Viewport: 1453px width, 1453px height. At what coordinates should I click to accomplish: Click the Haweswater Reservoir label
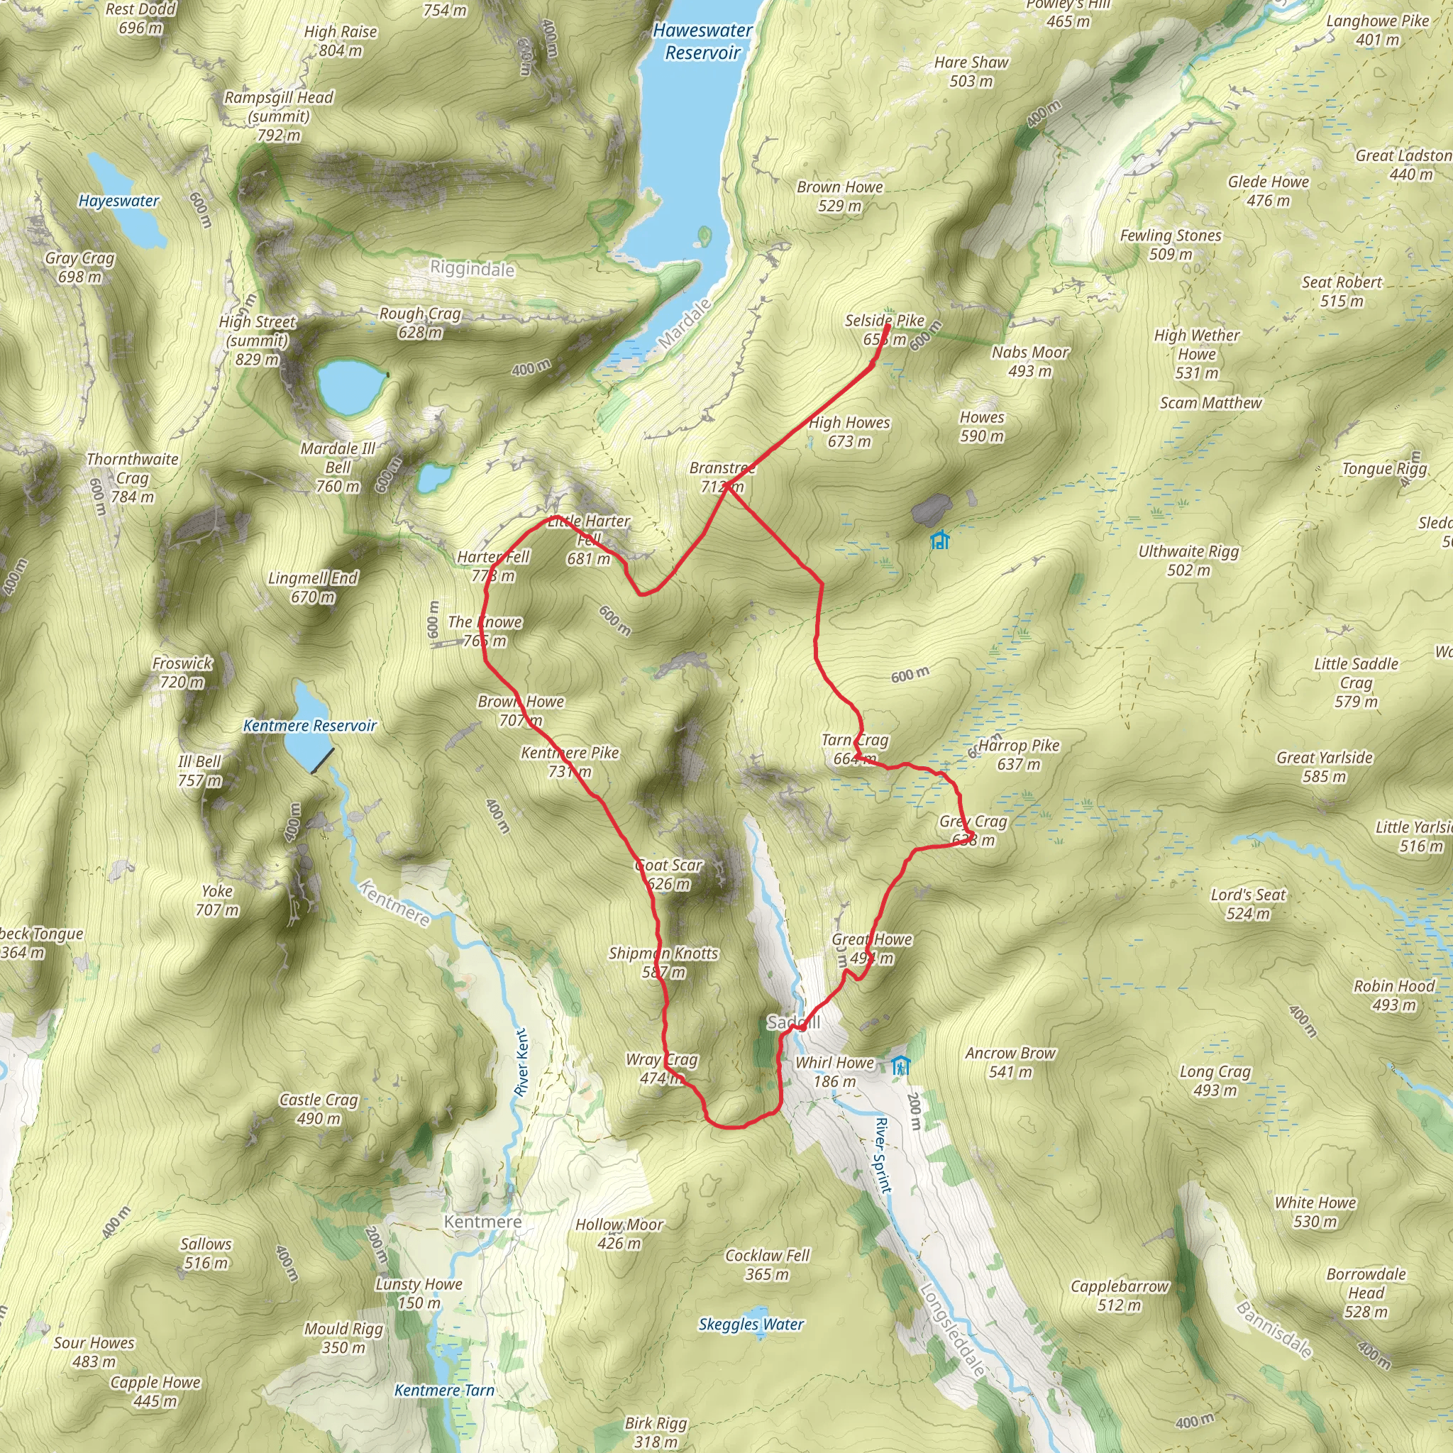pyautogui.click(x=702, y=41)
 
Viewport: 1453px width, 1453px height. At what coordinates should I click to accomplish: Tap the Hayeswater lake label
pyautogui.click(x=118, y=201)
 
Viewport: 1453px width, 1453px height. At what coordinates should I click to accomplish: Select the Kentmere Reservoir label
pyautogui.click(x=309, y=726)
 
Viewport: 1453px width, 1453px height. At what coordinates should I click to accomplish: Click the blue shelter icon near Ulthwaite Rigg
pyautogui.click(x=939, y=540)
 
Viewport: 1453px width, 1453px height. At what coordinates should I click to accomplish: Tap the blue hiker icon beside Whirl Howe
pyautogui.click(x=901, y=1066)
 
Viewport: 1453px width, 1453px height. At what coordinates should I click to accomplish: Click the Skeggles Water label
pyautogui.click(x=751, y=1325)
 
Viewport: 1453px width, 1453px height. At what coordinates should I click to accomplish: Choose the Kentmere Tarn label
pyautogui.click(x=444, y=1391)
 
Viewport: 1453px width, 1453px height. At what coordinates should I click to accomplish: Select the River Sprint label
pyautogui.click(x=884, y=1154)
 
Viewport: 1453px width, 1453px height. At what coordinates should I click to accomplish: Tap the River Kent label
pyautogui.click(x=522, y=1062)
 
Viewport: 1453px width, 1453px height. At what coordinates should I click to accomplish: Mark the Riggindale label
pyautogui.click(x=473, y=268)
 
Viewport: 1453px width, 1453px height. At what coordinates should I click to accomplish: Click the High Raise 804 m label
pyautogui.click(x=341, y=41)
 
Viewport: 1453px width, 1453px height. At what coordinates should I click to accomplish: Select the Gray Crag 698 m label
pyautogui.click(x=79, y=267)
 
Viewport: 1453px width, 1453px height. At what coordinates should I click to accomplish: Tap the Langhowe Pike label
pyautogui.click(x=1377, y=30)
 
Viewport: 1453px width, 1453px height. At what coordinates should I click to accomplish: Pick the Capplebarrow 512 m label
pyautogui.click(x=1119, y=1295)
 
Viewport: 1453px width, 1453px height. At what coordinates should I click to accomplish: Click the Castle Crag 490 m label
pyautogui.click(x=319, y=1109)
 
